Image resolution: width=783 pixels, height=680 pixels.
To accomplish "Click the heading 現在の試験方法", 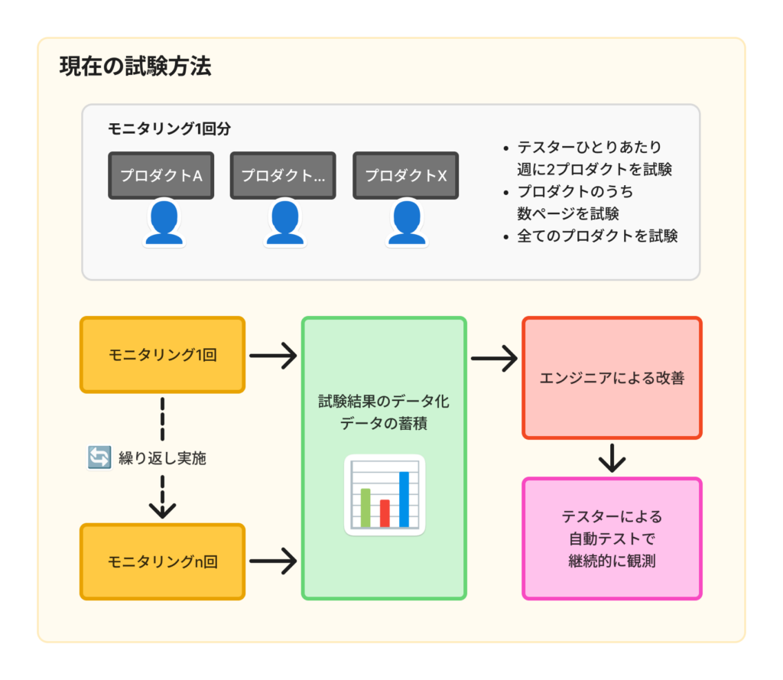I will pyautogui.click(x=135, y=67).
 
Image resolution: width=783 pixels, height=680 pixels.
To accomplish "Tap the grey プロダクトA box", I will pyautogui.click(x=161, y=175).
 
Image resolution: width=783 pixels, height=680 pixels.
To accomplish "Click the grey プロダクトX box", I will pyautogui.click(x=405, y=175).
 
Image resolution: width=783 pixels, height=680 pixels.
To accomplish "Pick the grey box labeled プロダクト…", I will pyautogui.click(x=283, y=175).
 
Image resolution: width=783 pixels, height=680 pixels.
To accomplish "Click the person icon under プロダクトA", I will pyautogui.click(x=164, y=223).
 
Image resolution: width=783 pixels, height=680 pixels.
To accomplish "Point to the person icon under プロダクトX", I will pyautogui.click(x=406, y=223).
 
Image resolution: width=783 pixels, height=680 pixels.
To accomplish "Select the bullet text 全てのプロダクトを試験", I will pyautogui.click(x=597, y=236).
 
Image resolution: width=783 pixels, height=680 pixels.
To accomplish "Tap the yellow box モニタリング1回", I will pyautogui.click(x=162, y=355).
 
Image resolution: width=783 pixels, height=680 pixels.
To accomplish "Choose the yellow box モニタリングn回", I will pyautogui.click(x=162, y=561).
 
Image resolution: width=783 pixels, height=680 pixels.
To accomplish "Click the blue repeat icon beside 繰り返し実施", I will pyautogui.click(x=100, y=458).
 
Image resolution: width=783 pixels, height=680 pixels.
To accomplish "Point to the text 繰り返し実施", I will pyautogui.click(x=162, y=459).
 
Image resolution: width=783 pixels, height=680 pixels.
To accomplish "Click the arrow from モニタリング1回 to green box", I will pyautogui.click(x=273, y=355).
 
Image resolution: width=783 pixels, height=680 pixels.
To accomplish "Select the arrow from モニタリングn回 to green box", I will pyautogui.click(x=273, y=561).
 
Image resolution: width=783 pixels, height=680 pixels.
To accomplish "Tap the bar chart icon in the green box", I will pyautogui.click(x=385, y=495).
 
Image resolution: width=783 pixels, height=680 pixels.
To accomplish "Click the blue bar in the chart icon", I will pyautogui.click(x=404, y=499).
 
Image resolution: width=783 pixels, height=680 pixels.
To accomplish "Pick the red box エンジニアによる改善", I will pyautogui.click(x=612, y=378).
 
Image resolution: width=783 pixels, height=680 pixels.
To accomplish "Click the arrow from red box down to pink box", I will pyautogui.click(x=612, y=458).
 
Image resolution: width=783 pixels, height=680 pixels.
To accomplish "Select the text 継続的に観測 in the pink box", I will pyautogui.click(x=612, y=561).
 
